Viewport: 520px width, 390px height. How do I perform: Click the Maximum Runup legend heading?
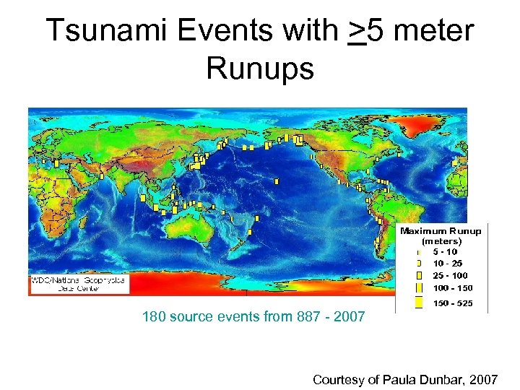coord(440,231)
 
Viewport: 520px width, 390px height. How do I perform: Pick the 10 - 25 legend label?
coord(448,263)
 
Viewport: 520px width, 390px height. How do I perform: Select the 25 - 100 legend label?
coord(451,275)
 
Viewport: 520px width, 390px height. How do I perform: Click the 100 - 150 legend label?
coord(453,288)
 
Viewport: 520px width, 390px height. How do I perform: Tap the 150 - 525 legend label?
coord(453,303)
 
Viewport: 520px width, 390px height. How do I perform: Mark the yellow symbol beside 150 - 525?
coord(418,303)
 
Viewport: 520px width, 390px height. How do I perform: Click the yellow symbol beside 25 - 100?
coord(418,275)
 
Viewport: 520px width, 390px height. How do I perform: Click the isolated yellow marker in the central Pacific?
coord(277,181)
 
